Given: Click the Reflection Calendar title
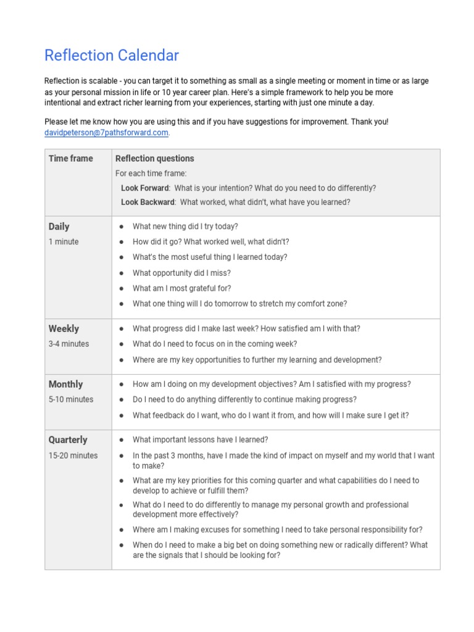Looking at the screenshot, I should (112, 56).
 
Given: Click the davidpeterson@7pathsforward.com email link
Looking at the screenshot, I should (106, 133).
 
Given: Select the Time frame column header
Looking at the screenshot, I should (71, 159).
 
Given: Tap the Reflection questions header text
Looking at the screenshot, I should (155, 159).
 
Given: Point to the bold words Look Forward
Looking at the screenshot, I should (144, 188).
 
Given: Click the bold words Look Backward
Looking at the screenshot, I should (148, 202).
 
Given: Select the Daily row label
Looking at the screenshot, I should (59, 227).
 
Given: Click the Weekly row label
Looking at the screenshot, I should (64, 329).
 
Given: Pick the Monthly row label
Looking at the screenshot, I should (65, 385).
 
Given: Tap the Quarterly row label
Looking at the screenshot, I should (68, 440).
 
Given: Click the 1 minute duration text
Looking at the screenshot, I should (64, 242).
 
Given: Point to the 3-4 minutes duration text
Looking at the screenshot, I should (69, 344).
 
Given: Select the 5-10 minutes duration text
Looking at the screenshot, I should (71, 399).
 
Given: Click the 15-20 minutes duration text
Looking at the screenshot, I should (73, 455).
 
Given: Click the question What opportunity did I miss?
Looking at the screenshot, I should (181, 273).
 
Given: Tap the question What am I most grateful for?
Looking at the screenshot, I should (182, 288).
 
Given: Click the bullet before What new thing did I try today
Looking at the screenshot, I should (121, 227).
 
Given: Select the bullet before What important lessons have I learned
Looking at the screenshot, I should (121, 440).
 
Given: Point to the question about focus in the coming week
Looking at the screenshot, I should (215, 344).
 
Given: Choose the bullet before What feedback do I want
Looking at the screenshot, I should (121, 416).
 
